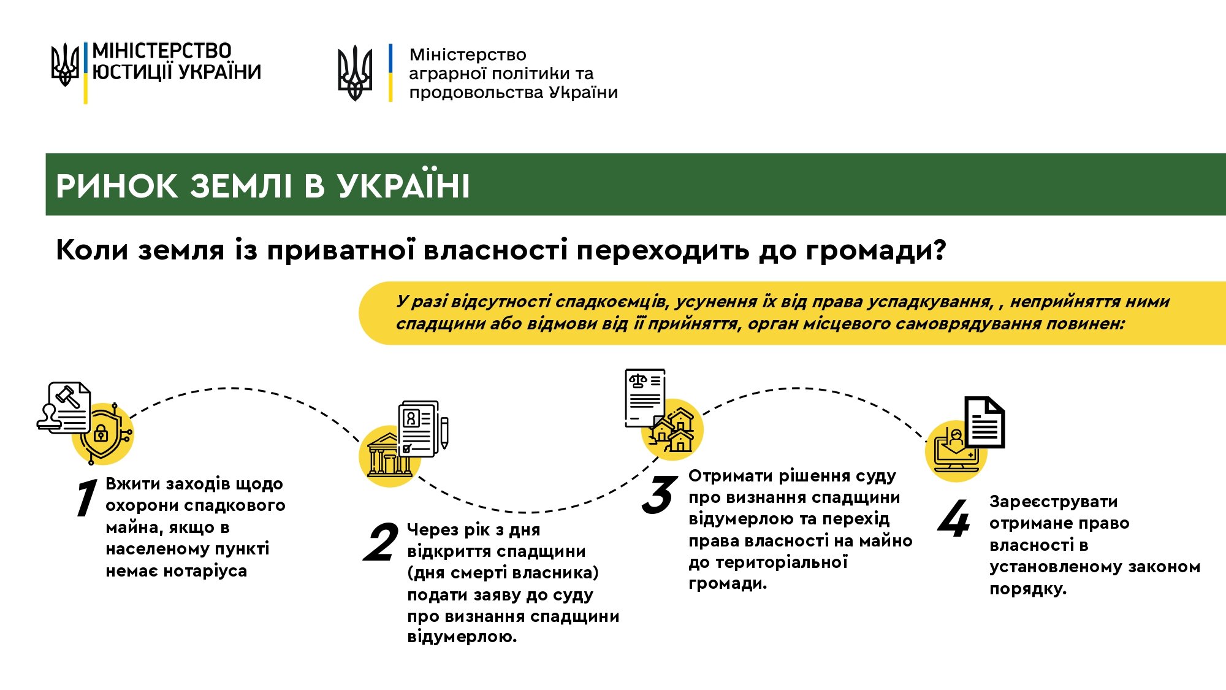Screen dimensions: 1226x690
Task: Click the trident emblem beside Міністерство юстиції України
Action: (64, 64)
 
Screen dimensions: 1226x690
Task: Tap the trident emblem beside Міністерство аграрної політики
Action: (355, 73)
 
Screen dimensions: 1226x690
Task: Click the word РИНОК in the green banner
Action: (116, 186)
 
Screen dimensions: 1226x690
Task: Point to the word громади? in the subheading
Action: (876, 251)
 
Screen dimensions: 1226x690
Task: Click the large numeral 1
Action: (86, 497)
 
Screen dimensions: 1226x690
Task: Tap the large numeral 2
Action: (381, 542)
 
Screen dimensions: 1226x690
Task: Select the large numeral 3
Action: (660, 494)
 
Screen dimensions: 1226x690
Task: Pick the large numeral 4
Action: (954, 518)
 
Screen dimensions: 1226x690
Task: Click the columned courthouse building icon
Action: (389, 455)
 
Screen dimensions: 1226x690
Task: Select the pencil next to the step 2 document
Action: (444, 432)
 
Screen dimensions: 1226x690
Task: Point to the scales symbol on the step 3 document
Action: (638, 381)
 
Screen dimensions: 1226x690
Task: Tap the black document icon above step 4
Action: (984, 422)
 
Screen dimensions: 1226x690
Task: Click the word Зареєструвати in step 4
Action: (1053, 502)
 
